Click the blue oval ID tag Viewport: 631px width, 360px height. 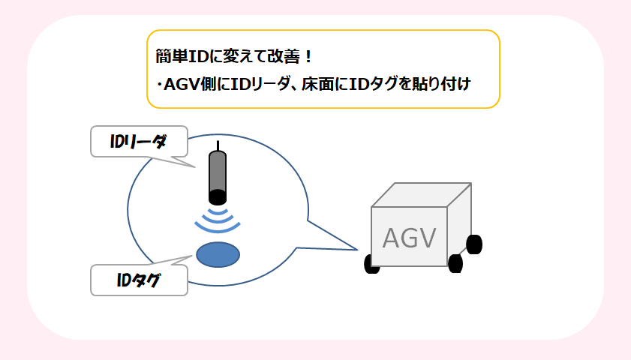point(218,254)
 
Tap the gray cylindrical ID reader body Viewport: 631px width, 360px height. point(217,172)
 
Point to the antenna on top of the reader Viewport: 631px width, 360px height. point(217,145)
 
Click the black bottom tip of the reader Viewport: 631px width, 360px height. point(217,197)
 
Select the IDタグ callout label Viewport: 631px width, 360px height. point(139,280)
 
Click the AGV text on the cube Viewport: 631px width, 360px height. point(409,238)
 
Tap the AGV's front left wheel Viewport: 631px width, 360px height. point(371,263)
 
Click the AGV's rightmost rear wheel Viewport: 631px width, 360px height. point(474,244)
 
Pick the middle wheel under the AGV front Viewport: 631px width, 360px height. point(455,263)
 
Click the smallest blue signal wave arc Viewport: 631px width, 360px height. point(217,211)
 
